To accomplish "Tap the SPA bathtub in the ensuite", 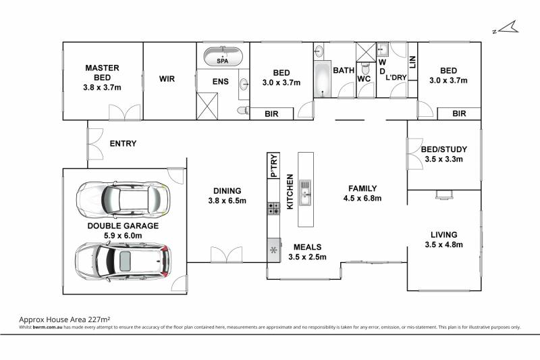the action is click(223, 56).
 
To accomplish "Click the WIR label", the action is click(167, 79).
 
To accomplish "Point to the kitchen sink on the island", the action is click(305, 192).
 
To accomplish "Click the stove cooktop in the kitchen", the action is click(274, 209).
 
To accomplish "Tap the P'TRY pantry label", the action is click(274, 165).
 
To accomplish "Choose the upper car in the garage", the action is click(123, 199).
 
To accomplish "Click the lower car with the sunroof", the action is click(123, 261).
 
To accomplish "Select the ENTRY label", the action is click(123, 143).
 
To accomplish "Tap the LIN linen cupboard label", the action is click(412, 62).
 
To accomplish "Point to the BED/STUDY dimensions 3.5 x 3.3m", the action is click(444, 159).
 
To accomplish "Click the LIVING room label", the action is click(444, 234).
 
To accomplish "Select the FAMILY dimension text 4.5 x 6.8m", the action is click(362, 198).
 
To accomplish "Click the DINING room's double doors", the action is click(226, 255).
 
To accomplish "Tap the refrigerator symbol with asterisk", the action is click(274, 250).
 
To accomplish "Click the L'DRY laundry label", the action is click(396, 78).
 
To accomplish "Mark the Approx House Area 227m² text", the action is click(64, 319).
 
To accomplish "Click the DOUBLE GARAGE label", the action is click(123, 226).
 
